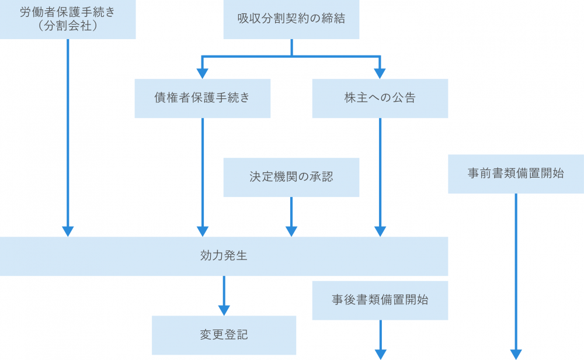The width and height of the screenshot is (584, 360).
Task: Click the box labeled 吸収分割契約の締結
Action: [291, 19]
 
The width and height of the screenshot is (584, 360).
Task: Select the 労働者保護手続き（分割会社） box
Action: [68, 19]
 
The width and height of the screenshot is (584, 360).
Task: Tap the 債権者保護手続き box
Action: [202, 98]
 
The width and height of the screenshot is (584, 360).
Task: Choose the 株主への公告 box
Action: [380, 98]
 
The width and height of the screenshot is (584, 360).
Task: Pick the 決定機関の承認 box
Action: [291, 176]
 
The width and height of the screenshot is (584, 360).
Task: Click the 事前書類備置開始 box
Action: [516, 174]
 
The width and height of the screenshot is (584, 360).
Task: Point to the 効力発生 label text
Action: [224, 256]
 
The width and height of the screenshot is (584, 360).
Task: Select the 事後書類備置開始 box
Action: [380, 300]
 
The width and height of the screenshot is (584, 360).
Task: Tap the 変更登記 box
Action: [224, 335]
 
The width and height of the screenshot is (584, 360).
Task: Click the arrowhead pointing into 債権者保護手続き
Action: [202, 73]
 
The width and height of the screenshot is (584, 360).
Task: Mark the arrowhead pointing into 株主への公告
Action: [380, 73]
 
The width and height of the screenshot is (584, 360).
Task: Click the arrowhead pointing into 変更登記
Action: [224, 310]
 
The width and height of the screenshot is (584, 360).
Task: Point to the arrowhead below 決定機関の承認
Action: [291, 231]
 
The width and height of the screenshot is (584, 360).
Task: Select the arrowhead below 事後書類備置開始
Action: [380, 354]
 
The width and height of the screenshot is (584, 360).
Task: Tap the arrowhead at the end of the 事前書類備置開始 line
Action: [516, 354]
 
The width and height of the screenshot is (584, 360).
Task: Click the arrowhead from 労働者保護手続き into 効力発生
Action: [68, 231]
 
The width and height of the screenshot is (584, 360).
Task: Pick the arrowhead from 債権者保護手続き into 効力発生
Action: [202, 231]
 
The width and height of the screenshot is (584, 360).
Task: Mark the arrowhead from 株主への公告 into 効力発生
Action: [380, 231]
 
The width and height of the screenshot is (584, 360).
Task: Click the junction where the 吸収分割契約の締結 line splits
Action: [291, 57]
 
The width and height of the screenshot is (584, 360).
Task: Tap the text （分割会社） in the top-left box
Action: [68, 26]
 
